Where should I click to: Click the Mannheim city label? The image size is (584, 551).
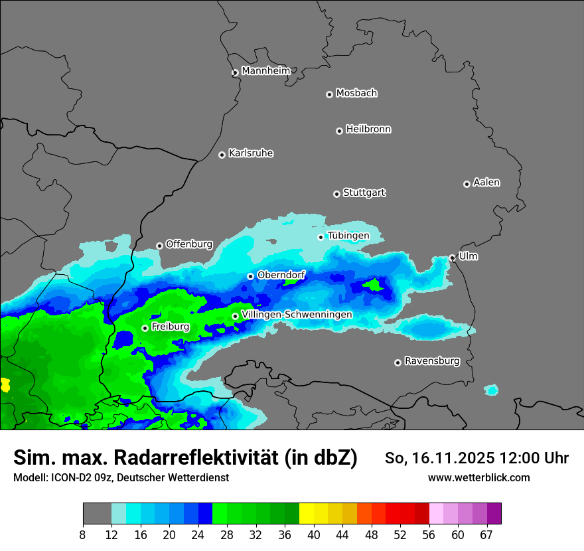pos(265,71)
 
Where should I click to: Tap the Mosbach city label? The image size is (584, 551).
pos(356,94)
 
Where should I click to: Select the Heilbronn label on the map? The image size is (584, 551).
pos(368,129)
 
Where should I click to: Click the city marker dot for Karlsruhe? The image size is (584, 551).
pos(222,155)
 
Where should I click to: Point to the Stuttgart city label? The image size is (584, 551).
pos(364,193)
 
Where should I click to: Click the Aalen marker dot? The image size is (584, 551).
pos(467,184)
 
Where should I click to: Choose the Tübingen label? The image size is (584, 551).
pos(348,236)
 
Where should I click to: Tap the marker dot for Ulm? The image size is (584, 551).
pos(452,258)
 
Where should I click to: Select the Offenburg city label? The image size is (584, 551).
pos(189,244)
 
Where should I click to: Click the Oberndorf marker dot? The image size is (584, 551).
pos(250,276)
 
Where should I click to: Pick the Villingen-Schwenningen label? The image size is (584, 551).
pos(297,315)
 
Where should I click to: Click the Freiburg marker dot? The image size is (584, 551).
pos(145,328)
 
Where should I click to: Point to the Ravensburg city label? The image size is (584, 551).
pos(432,361)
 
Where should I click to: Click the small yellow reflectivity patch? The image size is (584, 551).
pos(5,384)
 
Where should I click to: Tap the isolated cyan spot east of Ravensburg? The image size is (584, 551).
pos(491,390)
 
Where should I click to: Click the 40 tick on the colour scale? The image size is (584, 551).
pos(313,534)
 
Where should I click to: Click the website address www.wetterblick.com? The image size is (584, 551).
pos(479,477)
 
